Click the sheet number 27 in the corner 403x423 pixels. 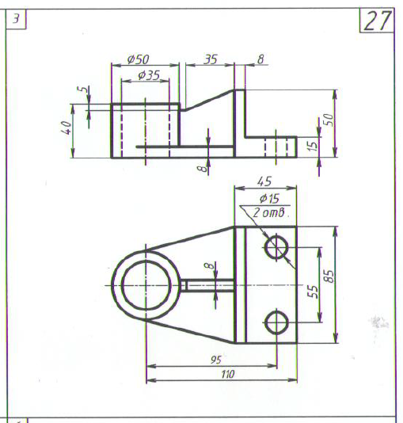click(x=378, y=21)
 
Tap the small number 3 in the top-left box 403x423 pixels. click(x=16, y=19)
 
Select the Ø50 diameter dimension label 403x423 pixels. click(x=138, y=59)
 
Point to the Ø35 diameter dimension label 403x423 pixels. click(x=149, y=75)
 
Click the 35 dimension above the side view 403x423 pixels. click(x=211, y=59)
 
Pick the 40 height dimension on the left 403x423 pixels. click(x=67, y=128)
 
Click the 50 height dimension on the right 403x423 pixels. click(x=329, y=120)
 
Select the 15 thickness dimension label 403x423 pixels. click(x=313, y=146)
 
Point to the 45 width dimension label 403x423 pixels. click(x=264, y=181)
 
